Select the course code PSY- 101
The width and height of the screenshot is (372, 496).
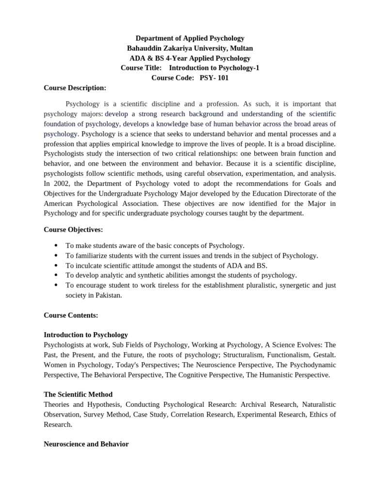[214, 77]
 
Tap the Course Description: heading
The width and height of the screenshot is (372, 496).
[75, 88]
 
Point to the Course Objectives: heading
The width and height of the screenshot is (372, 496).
[73, 229]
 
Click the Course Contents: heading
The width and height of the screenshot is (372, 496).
[71, 315]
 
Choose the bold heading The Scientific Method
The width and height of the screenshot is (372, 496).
[78, 394]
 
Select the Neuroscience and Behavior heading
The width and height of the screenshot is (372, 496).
[86, 444]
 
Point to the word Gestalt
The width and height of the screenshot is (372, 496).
[324, 355]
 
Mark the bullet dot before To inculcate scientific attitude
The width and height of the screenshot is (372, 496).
[57, 265]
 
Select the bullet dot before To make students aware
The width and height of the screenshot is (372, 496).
[57, 246]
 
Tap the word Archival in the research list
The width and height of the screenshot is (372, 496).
[254, 404]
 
